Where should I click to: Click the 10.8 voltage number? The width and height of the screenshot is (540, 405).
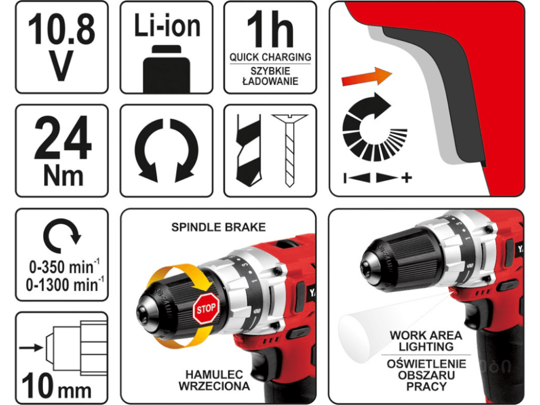tap(62, 29)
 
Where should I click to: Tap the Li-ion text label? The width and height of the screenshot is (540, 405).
tap(167, 25)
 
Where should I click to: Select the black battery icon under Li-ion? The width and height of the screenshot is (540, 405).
tap(167, 69)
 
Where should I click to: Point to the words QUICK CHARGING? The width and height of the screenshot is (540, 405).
tap(271, 57)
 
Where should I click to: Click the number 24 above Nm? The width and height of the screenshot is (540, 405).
tap(63, 138)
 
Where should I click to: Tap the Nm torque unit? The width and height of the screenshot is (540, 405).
tap(63, 177)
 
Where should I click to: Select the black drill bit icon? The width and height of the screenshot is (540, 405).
tap(248, 150)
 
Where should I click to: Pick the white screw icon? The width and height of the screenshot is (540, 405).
tap(289, 150)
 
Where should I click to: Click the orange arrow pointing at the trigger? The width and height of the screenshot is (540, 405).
tap(367, 77)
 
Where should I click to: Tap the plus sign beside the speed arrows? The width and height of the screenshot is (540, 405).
tap(407, 178)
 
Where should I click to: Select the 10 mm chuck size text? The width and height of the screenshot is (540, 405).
tap(57, 387)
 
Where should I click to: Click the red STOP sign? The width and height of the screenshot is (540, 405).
tap(206, 308)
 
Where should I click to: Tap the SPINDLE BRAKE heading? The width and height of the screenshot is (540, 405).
tap(218, 227)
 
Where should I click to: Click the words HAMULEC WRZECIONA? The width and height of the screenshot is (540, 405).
tap(214, 380)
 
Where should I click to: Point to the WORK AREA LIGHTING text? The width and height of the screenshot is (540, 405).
tap(426, 341)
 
